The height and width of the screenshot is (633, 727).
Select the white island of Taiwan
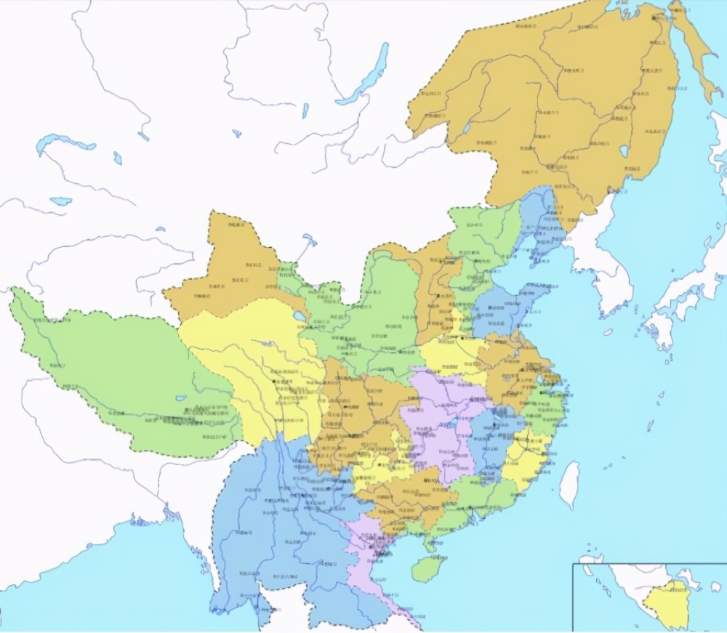coord(569,484)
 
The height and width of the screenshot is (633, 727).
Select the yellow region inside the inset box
coord(672,607)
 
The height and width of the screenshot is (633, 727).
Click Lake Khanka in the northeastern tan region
coord(624,153)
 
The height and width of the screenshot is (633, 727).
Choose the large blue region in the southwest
coord(269,523)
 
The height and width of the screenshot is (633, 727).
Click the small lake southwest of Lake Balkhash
coord(60,201)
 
